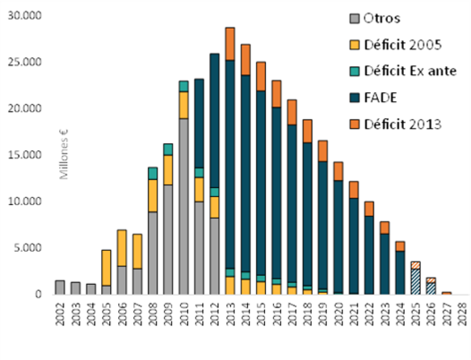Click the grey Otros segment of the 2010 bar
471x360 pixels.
coord(184,206)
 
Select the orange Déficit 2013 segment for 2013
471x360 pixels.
coord(230,44)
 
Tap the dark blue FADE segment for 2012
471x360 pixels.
coord(214,120)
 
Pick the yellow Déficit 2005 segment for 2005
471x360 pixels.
coord(106,268)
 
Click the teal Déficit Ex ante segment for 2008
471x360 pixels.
coord(153,173)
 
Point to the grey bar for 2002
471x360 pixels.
coord(60,287)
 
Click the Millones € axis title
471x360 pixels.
coord(64,154)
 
